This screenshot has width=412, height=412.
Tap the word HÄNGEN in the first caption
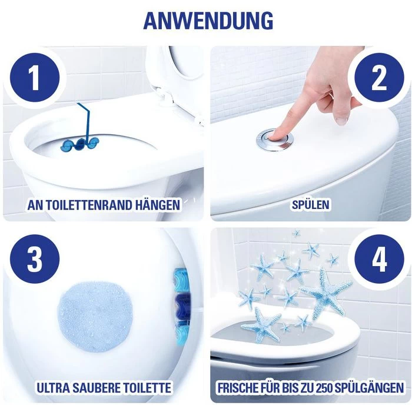[x=158, y=205]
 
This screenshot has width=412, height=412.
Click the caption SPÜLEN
[x=310, y=205]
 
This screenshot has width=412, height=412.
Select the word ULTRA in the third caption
[x=54, y=388]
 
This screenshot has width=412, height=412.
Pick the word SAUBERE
[x=101, y=388]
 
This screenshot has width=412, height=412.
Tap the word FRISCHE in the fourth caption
[x=239, y=388]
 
